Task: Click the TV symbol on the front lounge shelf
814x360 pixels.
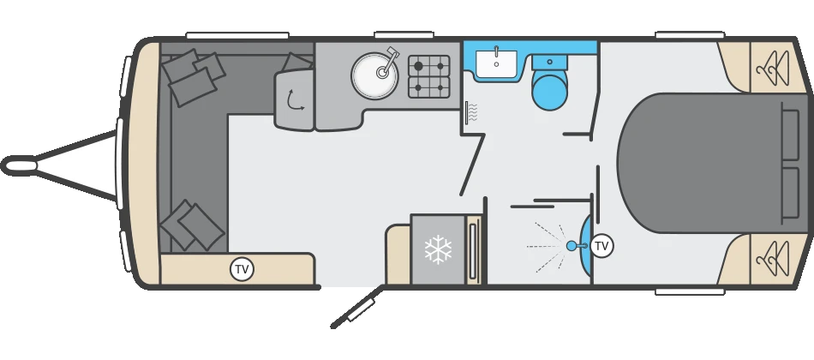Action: coord(242,269)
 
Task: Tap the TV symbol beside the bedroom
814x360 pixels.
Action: coord(602,246)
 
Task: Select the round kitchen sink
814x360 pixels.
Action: coord(374,75)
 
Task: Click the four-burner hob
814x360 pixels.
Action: coord(429,75)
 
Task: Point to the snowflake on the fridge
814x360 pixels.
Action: coord(438,249)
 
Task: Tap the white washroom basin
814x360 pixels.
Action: coord(496,63)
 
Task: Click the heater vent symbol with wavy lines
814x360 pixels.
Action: coord(470,112)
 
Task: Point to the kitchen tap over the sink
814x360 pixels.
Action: coord(390,60)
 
